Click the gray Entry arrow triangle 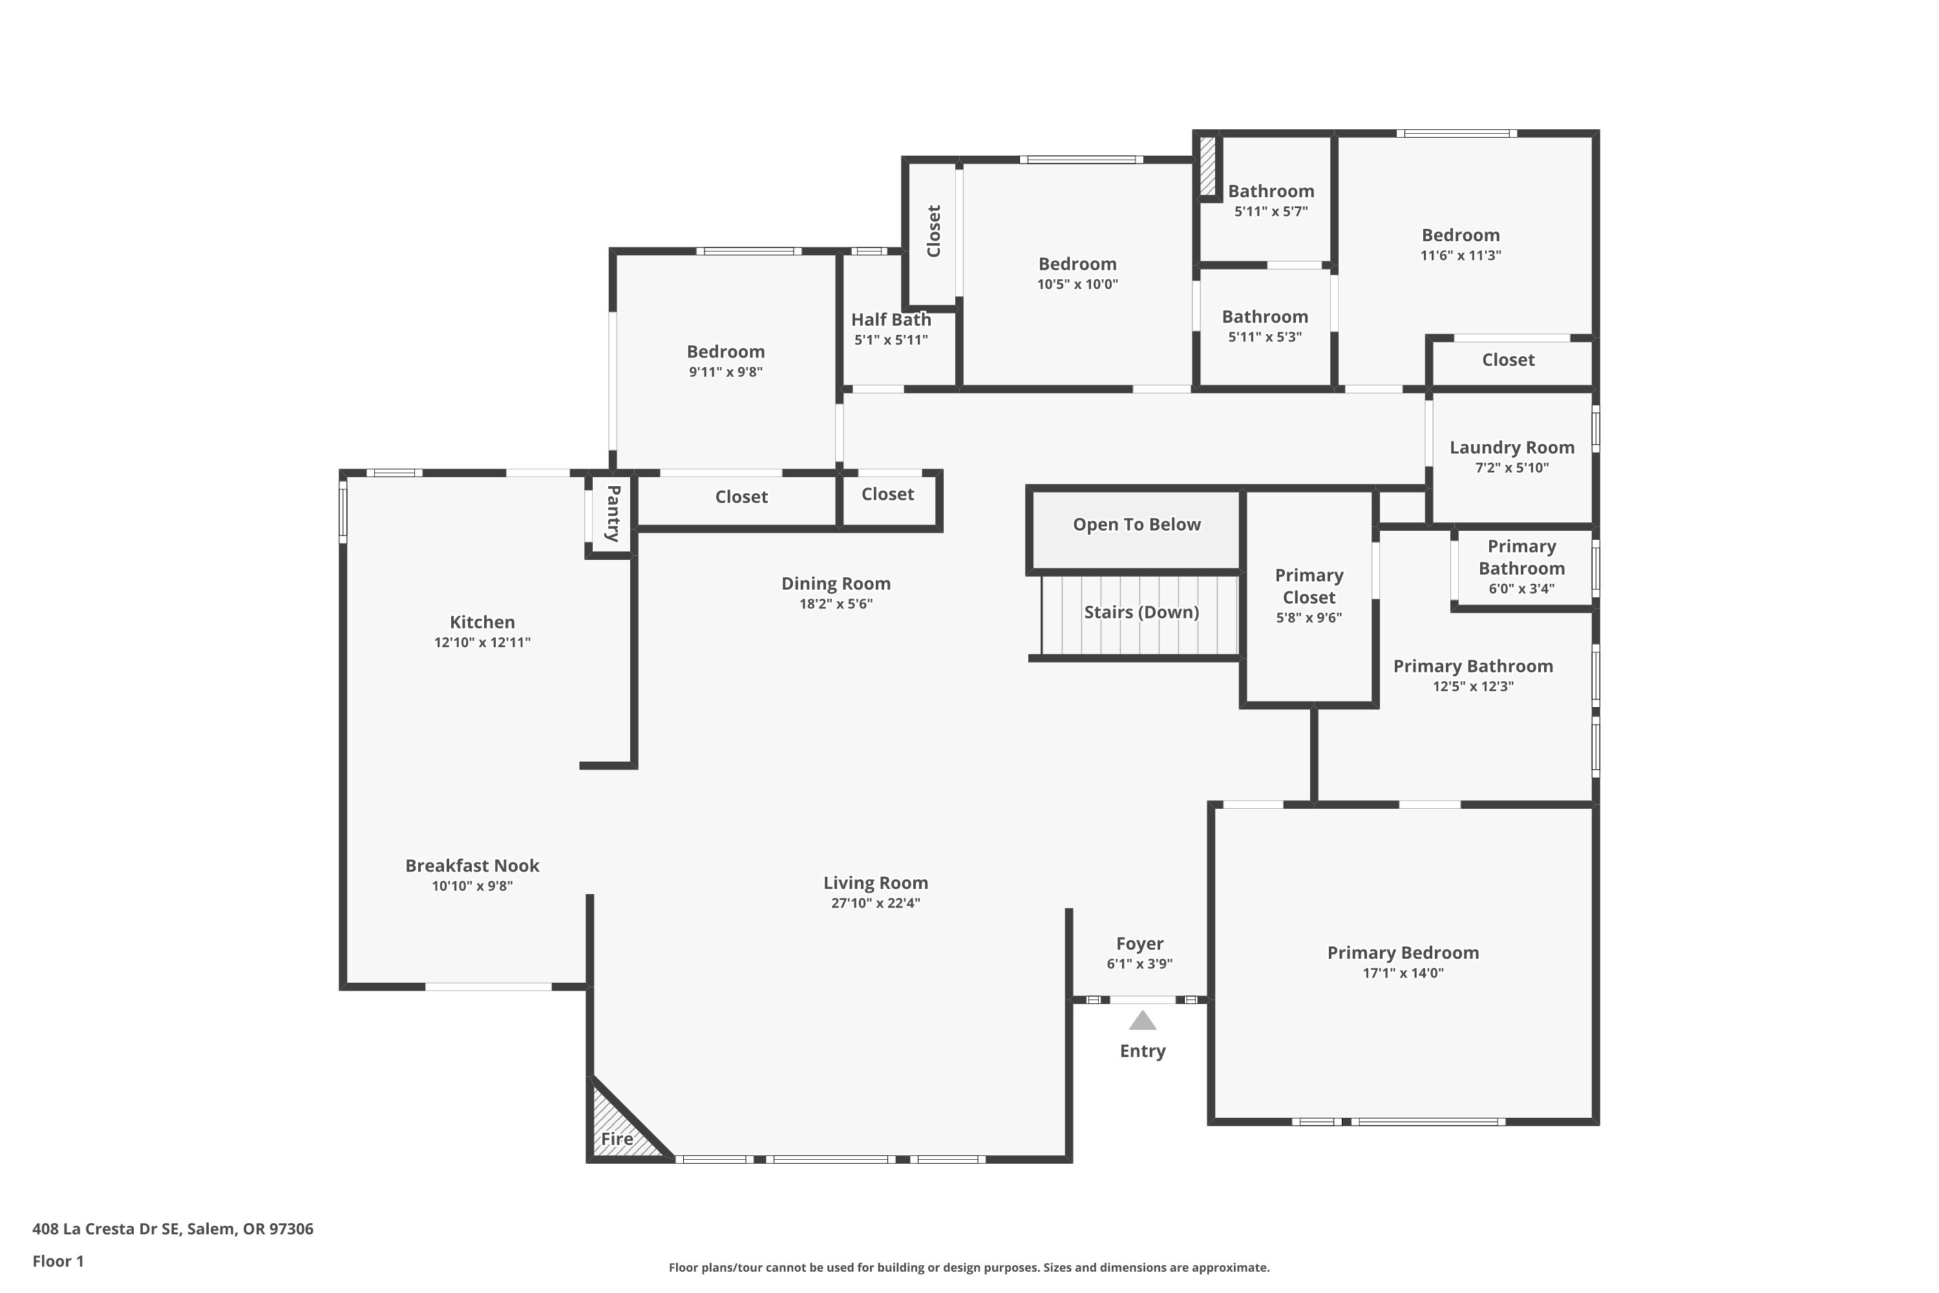point(1142,1021)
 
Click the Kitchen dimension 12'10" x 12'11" point(482,643)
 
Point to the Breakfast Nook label point(472,866)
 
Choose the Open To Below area point(1136,529)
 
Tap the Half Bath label point(891,319)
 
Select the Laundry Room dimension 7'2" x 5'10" point(1512,467)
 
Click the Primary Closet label point(1309,586)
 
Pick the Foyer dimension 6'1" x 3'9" point(1139,963)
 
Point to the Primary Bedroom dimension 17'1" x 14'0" point(1403,973)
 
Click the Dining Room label point(836,584)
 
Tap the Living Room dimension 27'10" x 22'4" point(876,903)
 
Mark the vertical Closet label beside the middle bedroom point(934,231)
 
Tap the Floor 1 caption point(58,1261)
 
